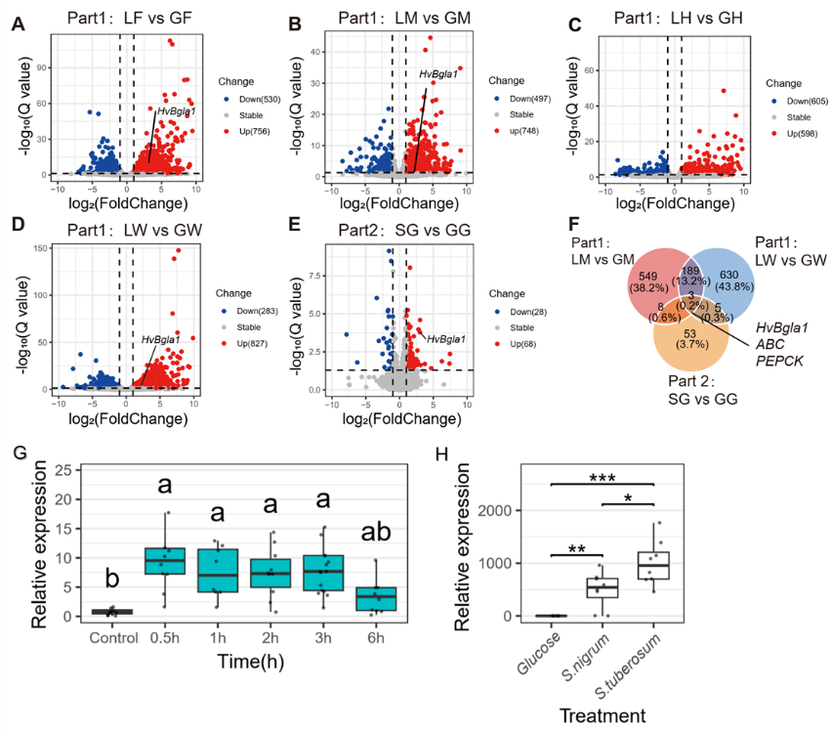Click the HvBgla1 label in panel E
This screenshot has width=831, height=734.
(x=445, y=338)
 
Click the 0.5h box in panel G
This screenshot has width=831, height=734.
(x=165, y=560)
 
